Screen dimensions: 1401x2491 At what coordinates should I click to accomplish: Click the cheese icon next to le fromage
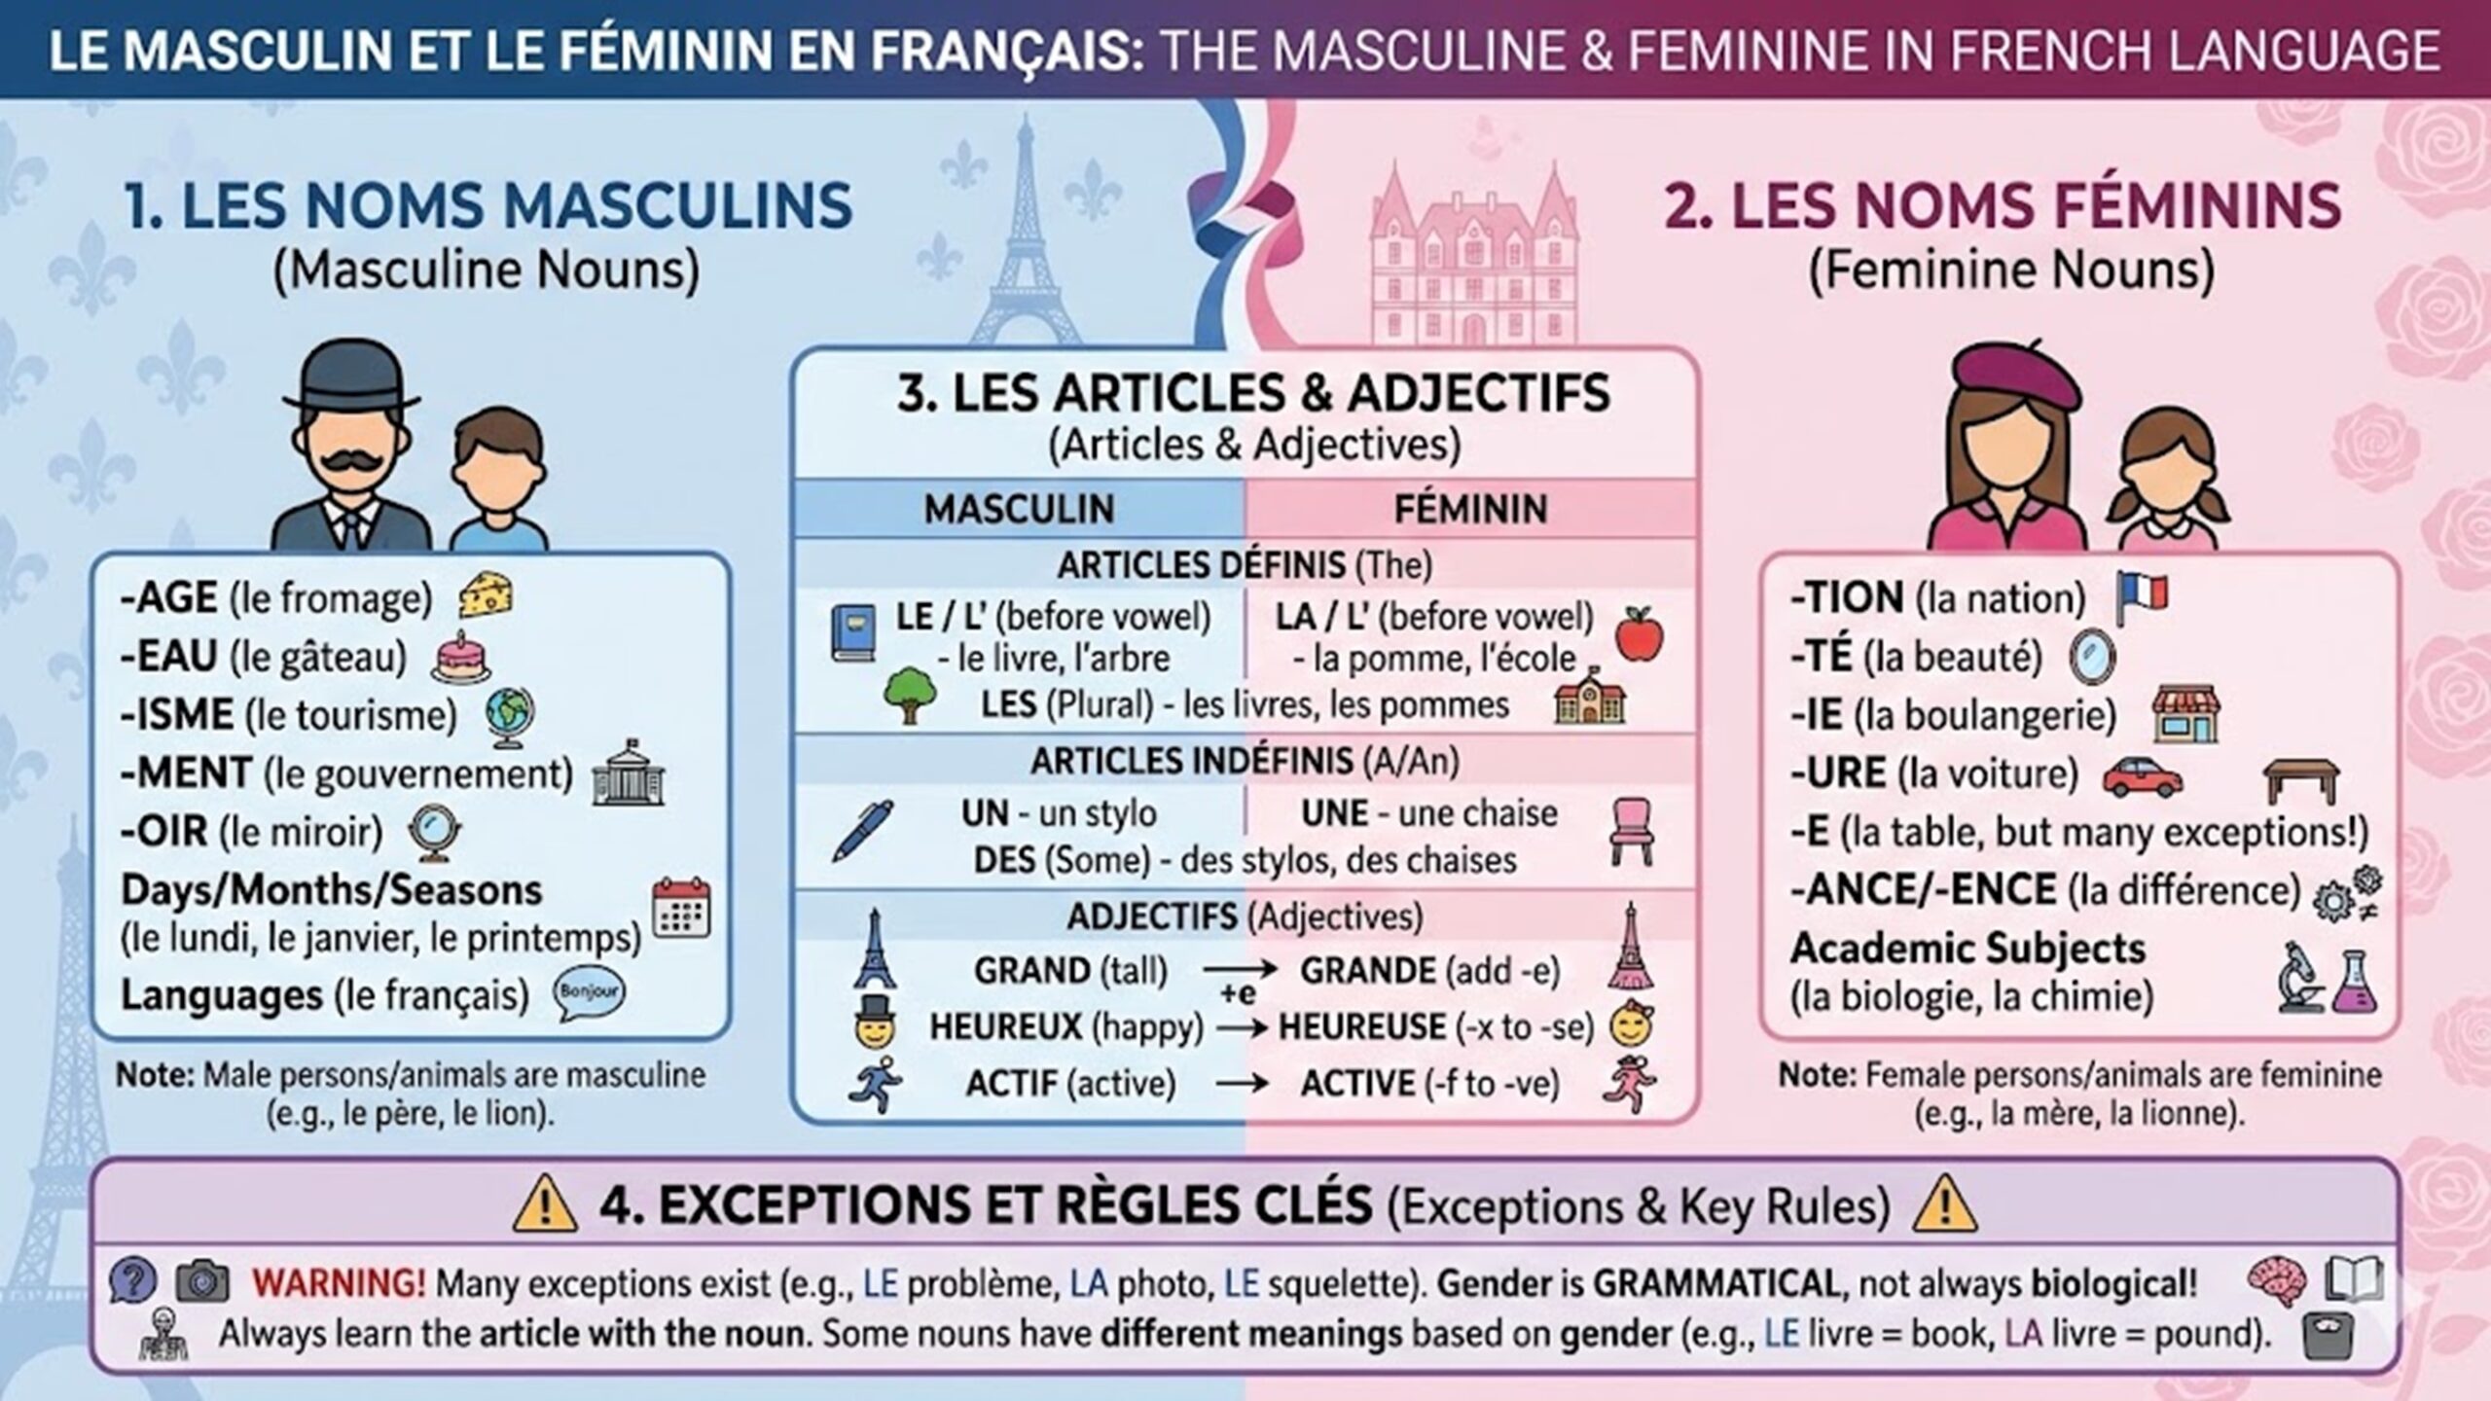coord(486,594)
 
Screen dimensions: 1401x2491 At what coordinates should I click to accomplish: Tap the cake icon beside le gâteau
coord(461,657)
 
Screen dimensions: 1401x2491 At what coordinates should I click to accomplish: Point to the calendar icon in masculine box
coord(681,908)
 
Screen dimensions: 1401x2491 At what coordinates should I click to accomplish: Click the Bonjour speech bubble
coord(589,993)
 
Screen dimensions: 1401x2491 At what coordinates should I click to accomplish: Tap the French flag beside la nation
coord(2142,596)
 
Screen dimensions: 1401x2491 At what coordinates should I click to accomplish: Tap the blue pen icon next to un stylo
coord(862,830)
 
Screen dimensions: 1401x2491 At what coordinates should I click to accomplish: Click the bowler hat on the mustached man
coord(350,377)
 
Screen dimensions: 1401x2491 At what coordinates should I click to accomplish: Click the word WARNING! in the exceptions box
coord(338,1283)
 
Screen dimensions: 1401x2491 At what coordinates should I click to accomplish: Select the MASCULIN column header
coord(1019,509)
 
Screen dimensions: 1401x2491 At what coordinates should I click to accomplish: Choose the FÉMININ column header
coord(1470,509)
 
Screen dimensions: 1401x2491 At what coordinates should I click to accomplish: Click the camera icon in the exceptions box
coord(202,1282)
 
